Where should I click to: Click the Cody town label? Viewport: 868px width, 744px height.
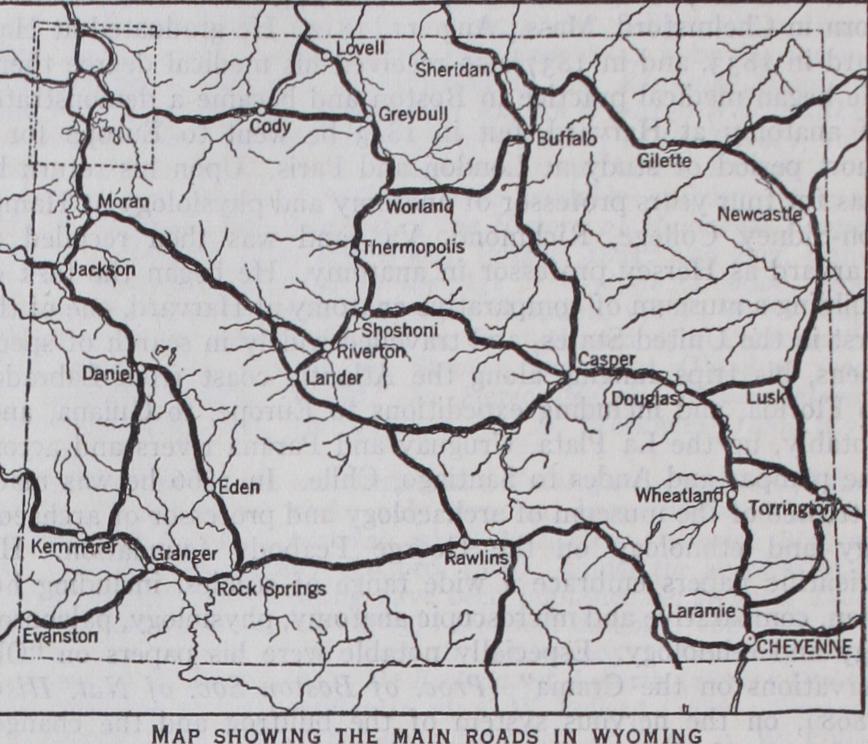click(270, 127)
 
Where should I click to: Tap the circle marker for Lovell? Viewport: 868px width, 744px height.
click(329, 50)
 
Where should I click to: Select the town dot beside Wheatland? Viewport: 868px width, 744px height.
click(730, 493)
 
